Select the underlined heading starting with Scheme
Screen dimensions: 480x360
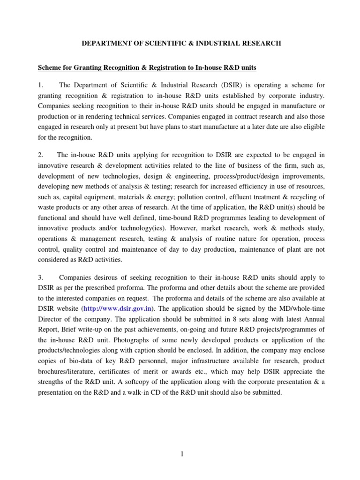(x=147, y=68)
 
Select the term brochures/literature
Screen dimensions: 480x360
(x=65, y=371)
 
